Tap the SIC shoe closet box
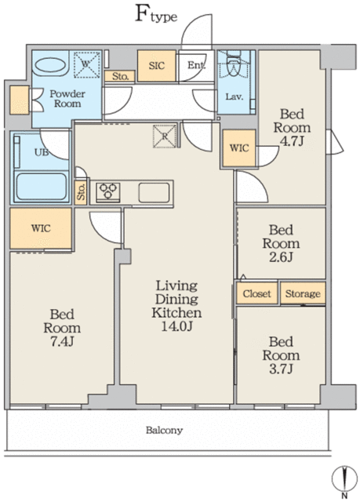pyautogui.click(x=155, y=66)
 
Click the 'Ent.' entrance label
pyautogui.click(x=195, y=66)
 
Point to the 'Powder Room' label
pyautogui.click(x=67, y=98)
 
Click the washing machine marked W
pyautogui.click(x=84, y=62)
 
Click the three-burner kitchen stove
pyautogui.click(x=108, y=191)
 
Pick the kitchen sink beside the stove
pyautogui.click(x=152, y=191)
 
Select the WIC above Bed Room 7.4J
pyautogui.click(x=41, y=228)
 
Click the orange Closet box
pyautogui.click(x=256, y=293)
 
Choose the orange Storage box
pyautogui.click(x=302, y=293)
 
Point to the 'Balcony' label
pyautogui.click(x=164, y=431)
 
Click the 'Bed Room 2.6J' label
pyautogui.click(x=280, y=243)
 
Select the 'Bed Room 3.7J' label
pyautogui.click(x=280, y=355)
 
